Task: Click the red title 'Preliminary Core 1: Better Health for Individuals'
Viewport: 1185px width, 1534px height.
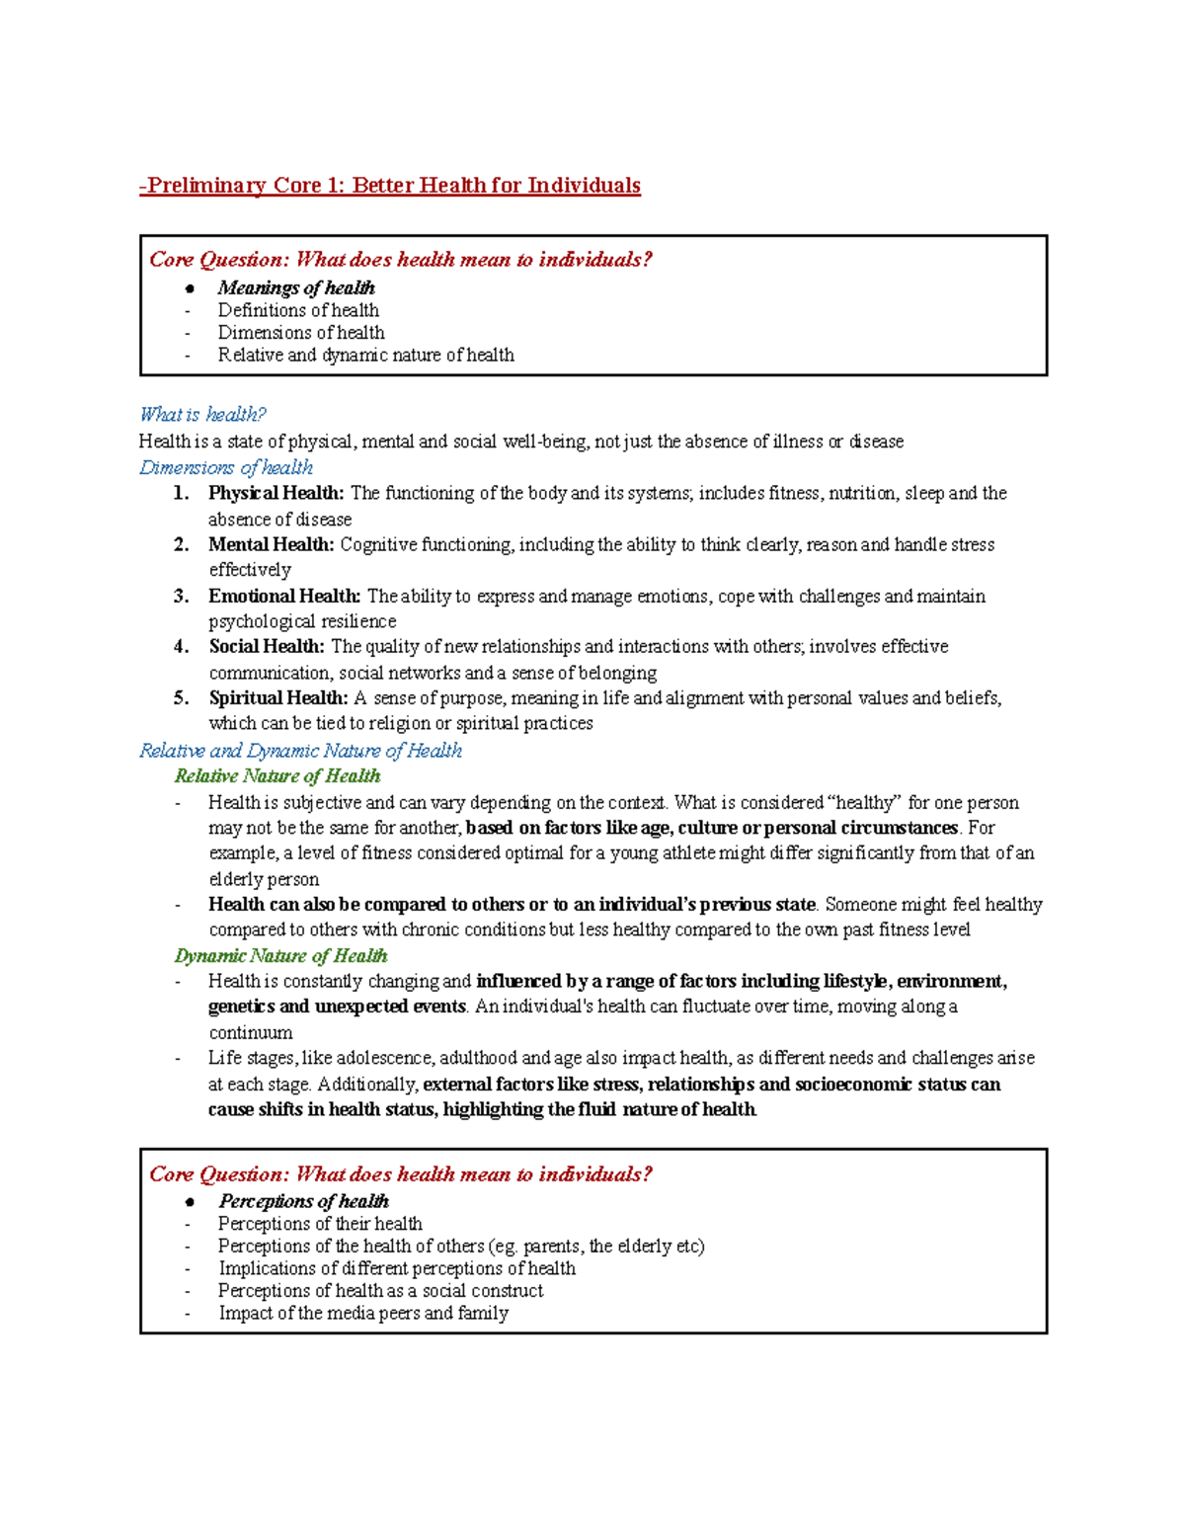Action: (x=391, y=186)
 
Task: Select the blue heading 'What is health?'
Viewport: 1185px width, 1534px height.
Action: (x=202, y=415)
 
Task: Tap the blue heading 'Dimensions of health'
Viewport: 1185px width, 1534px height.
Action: (x=226, y=467)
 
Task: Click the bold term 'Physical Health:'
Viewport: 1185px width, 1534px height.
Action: (x=276, y=493)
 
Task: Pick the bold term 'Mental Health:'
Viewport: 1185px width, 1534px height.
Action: (x=271, y=544)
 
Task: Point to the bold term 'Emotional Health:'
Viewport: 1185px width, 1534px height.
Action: (x=284, y=596)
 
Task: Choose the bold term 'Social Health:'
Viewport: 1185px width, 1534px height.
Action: (x=266, y=647)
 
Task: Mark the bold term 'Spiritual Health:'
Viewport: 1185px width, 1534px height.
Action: (x=277, y=698)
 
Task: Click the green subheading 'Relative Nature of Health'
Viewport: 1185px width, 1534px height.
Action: (x=277, y=776)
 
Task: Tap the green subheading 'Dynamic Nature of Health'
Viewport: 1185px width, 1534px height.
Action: (x=280, y=956)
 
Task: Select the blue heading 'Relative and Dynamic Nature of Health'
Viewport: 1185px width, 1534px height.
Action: (x=300, y=751)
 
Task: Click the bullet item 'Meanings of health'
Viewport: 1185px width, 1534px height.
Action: (x=296, y=288)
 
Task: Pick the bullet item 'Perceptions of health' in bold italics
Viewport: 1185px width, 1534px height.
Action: (x=303, y=1201)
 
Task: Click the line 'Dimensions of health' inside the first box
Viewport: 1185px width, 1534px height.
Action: (x=301, y=333)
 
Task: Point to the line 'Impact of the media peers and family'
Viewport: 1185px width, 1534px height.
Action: (x=363, y=1314)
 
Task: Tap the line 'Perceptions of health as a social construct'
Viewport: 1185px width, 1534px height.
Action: (x=380, y=1291)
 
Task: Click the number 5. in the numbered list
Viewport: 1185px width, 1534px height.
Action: (x=181, y=698)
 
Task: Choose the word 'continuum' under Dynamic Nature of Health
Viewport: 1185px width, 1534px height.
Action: (x=251, y=1033)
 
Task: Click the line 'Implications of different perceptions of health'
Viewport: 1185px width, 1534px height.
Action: (x=397, y=1268)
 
